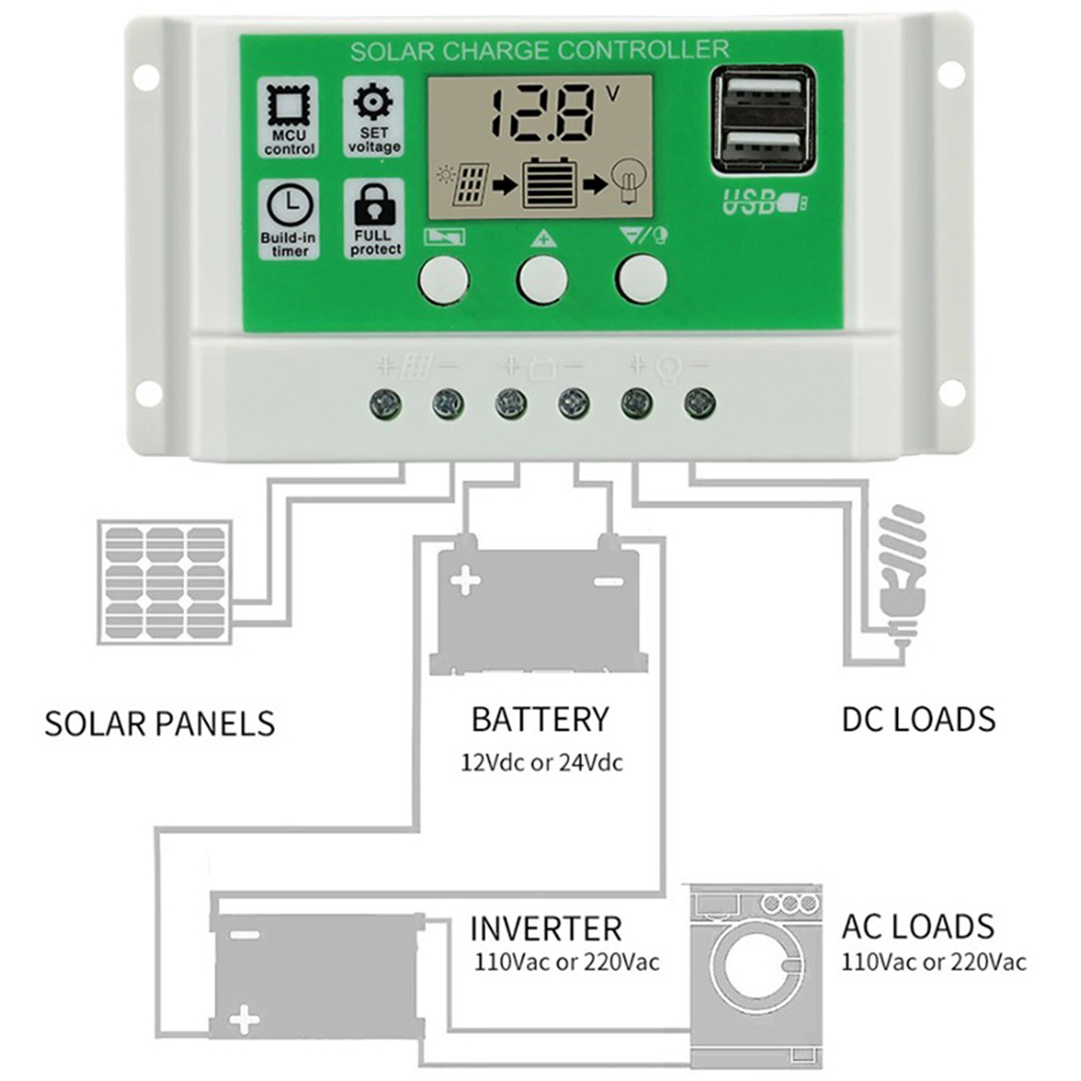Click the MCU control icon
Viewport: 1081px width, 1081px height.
coord(288,106)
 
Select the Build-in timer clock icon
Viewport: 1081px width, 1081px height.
coord(289,205)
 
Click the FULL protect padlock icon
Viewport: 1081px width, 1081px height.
coord(374,204)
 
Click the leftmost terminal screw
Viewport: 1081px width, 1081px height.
coord(386,405)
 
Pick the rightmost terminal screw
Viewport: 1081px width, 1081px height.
coord(699,404)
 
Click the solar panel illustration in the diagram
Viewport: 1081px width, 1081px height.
coord(165,582)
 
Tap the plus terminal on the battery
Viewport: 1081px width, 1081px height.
coord(465,581)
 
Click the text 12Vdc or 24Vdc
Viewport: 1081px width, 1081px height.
coord(541,763)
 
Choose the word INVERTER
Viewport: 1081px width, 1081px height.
coord(545,929)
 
